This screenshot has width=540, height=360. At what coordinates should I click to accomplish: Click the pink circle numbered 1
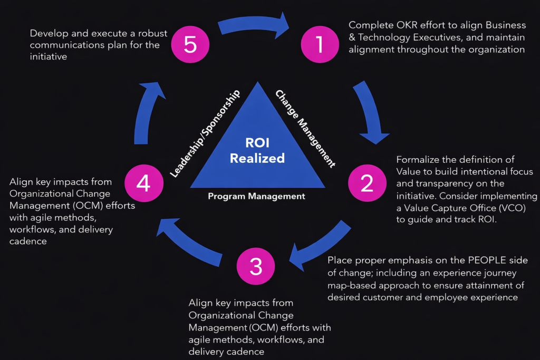pos(320,45)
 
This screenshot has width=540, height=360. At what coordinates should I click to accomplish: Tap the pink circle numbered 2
pos(367,183)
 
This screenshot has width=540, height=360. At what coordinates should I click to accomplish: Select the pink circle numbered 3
pos(256,266)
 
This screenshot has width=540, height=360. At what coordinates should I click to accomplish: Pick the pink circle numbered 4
pos(143,183)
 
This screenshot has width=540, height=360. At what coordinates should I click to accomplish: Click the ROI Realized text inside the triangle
pos(257,150)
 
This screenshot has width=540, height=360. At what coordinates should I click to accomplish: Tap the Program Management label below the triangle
pos(256,196)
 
